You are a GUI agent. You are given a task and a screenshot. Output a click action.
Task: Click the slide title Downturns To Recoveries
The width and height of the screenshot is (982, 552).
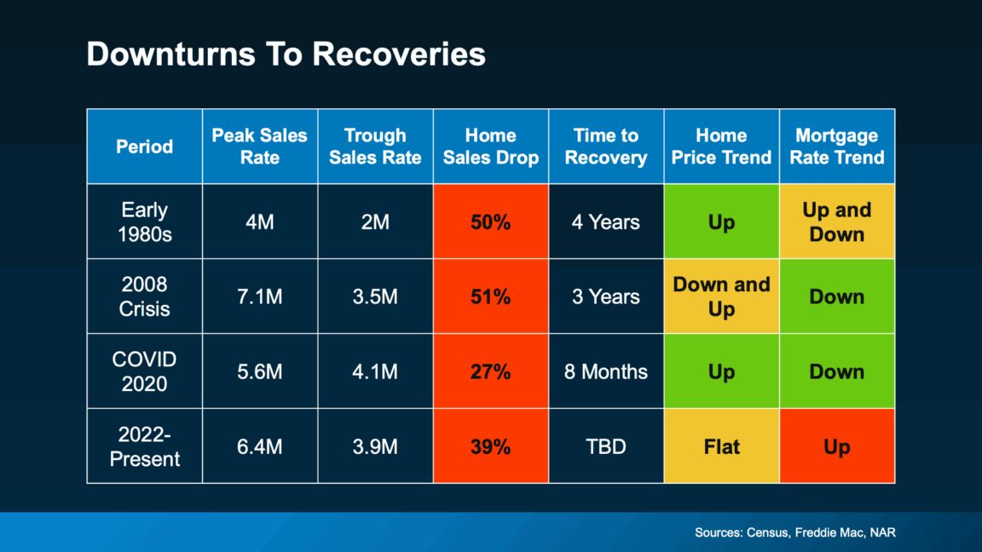click(x=286, y=55)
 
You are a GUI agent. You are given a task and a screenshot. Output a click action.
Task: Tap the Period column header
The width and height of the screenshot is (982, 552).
click(x=144, y=147)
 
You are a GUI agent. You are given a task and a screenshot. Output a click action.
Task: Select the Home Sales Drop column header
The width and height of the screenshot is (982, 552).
click(x=490, y=147)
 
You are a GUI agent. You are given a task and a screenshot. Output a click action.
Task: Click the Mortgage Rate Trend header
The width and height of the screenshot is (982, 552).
click(x=836, y=147)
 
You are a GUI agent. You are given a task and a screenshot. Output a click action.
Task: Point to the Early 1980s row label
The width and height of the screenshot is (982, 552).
click(x=144, y=221)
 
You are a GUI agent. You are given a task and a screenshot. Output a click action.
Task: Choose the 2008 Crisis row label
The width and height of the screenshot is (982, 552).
click(x=144, y=296)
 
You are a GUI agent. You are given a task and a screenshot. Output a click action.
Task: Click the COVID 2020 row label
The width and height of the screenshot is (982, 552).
click(x=144, y=371)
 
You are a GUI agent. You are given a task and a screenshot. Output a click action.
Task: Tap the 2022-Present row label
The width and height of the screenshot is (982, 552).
click(x=144, y=446)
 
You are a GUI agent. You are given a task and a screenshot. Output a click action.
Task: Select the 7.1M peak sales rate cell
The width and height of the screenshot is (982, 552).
click(x=259, y=296)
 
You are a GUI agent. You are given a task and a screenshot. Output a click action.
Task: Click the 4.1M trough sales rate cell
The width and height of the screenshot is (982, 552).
click(x=375, y=371)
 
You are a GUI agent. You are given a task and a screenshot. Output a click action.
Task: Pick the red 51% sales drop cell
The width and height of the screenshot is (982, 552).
click(x=490, y=296)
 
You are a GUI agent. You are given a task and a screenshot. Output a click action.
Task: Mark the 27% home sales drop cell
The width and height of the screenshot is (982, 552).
click(x=490, y=371)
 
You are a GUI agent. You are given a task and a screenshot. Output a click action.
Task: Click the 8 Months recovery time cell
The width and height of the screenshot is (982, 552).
click(x=605, y=371)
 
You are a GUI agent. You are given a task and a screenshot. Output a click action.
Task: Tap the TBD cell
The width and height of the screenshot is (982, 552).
click(x=605, y=446)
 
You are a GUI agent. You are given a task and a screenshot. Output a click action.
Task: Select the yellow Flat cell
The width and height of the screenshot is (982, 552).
click(x=721, y=446)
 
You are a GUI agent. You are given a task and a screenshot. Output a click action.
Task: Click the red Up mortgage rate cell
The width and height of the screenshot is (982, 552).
click(x=836, y=446)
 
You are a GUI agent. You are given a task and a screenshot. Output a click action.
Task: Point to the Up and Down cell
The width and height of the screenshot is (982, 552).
click(x=836, y=221)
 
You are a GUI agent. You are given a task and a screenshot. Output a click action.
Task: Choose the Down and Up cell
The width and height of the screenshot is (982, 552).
click(x=721, y=296)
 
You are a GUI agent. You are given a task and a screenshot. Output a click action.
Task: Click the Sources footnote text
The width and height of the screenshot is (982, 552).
click(x=794, y=533)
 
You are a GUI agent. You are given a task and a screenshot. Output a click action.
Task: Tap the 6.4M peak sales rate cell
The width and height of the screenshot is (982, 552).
click(x=259, y=446)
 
